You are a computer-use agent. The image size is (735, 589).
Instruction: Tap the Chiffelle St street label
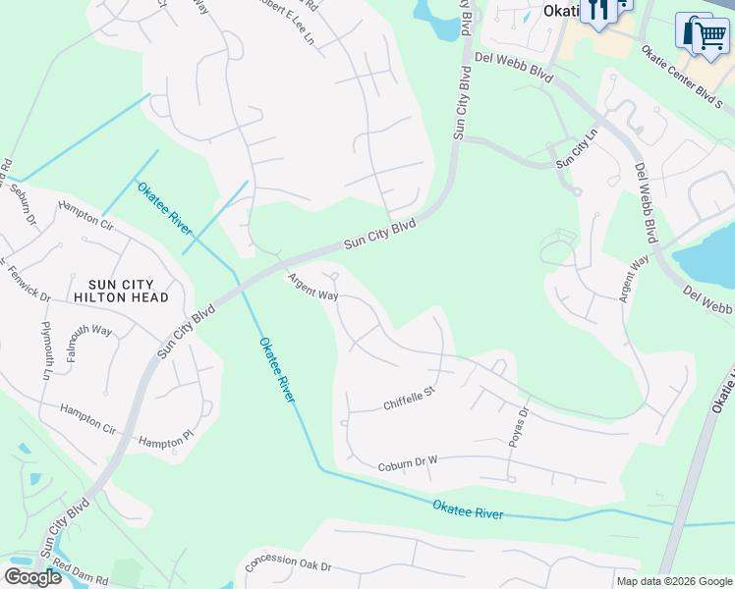click(409, 399)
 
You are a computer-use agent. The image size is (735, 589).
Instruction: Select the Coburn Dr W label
click(407, 462)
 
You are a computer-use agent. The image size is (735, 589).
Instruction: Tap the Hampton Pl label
click(162, 443)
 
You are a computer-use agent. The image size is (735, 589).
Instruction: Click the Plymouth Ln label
click(46, 349)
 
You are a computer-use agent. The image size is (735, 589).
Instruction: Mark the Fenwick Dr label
click(27, 282)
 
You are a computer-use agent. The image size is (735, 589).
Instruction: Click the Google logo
click(33, 576)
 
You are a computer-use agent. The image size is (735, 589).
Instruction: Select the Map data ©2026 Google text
click(673, 581)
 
